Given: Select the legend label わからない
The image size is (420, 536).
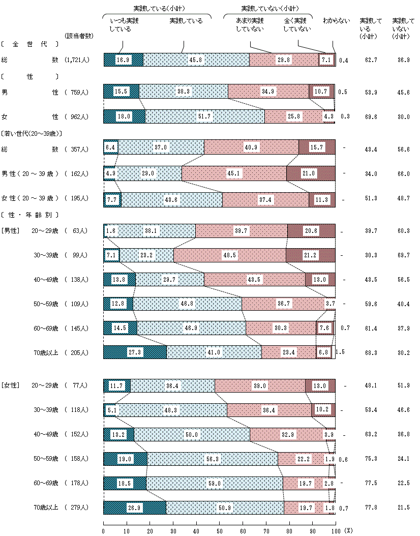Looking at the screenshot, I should tap(337, 21).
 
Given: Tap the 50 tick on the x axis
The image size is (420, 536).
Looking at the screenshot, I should tap(219, 530).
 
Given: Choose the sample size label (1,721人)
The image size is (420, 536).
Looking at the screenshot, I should tap(77, 59).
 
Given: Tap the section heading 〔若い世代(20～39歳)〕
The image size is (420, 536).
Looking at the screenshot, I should tap(32, 133).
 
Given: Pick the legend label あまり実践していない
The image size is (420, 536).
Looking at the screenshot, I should tap(250, 25).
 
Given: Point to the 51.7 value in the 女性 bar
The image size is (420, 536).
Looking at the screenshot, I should tap(205, 116).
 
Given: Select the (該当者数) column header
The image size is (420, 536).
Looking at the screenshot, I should tap(78, 36).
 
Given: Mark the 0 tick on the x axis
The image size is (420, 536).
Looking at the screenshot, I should tap(104, 530).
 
